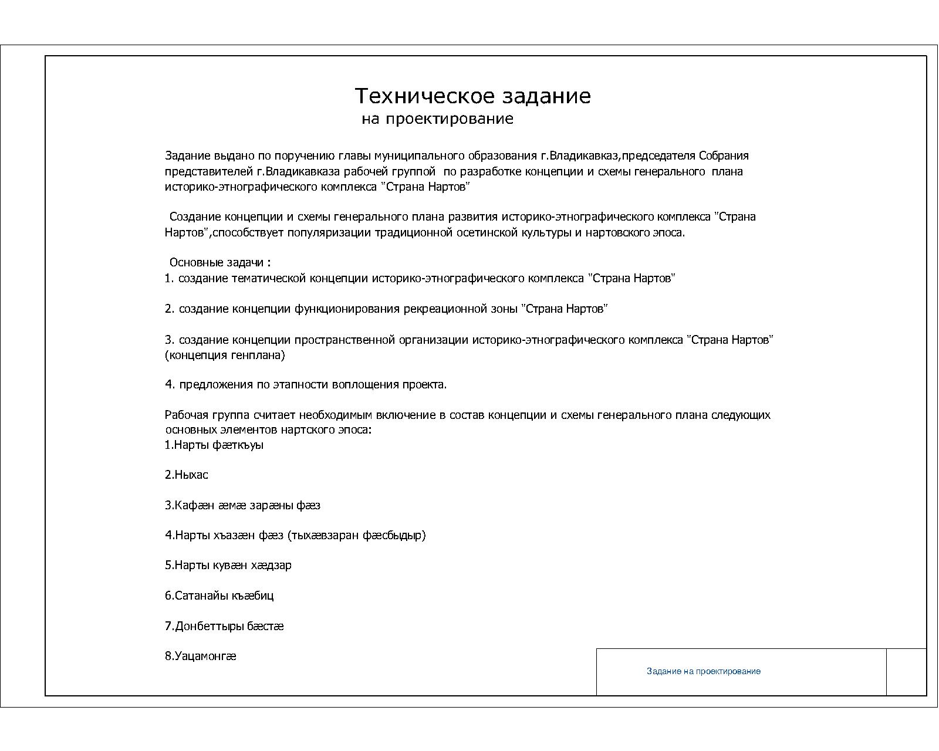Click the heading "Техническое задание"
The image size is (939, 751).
(472, 96)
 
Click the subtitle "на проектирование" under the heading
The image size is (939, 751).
(437, 120)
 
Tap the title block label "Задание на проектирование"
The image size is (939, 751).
(703, 671)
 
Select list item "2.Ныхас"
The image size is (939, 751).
(186, 475)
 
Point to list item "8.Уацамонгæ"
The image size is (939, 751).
(200, 656)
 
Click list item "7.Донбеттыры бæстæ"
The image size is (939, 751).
(224, 626)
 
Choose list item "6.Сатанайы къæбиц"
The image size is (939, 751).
(219, 596)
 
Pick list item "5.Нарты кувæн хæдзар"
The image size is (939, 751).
(228, 566)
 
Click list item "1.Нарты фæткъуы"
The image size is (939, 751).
(214, 445)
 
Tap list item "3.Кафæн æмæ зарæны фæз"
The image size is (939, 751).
(242, 505)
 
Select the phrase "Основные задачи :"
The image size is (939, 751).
(220, 262)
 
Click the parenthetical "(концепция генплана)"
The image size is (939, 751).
(225, 355)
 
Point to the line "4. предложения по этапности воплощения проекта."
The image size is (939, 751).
(306, 385)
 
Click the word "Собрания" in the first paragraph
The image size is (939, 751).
(723, 156)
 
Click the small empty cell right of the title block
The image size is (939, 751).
(906, 672)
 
